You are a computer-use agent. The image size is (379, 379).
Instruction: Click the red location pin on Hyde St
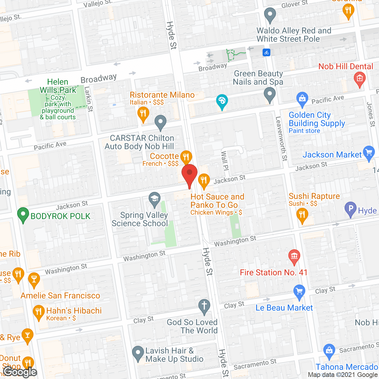189,173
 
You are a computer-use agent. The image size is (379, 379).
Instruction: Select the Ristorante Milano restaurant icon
143,113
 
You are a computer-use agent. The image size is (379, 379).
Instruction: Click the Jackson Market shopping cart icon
369,153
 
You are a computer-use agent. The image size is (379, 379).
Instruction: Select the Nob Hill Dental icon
359,79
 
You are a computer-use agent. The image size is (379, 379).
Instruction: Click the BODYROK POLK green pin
23,214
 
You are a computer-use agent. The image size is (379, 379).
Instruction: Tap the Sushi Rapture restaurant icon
302,214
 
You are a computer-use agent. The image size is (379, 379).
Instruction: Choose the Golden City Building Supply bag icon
302,99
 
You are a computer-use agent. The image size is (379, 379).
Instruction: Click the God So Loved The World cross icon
204,305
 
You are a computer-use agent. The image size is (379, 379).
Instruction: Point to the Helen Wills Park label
58,86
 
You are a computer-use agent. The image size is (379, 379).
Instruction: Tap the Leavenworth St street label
281,139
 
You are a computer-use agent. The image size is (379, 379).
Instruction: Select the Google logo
20,372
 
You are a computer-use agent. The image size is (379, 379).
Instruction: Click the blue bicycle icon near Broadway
266,53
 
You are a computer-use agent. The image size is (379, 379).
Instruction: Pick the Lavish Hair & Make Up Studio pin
138,353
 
